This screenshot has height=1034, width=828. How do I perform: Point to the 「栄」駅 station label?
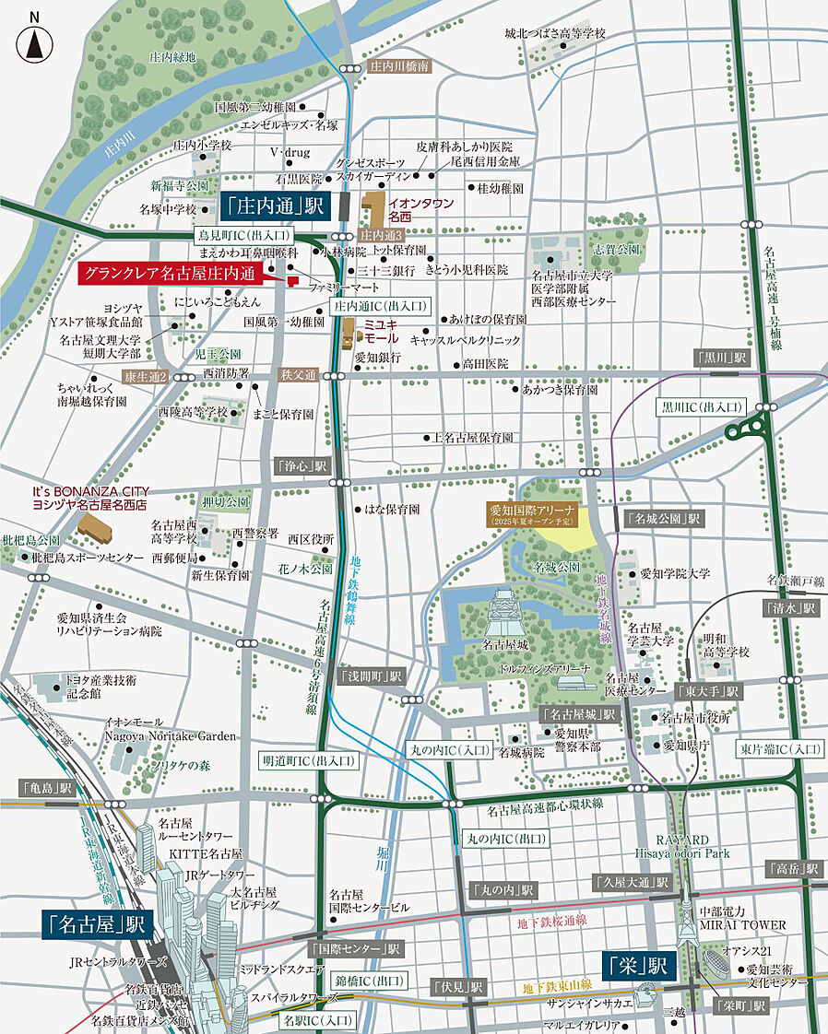coord(640,965)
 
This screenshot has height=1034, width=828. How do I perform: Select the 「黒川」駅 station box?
coord(720,357)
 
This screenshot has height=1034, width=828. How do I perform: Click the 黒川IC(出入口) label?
coord(702,406)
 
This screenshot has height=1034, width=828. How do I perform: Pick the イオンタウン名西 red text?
coord(413,209)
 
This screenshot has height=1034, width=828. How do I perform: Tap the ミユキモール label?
coord(381,332)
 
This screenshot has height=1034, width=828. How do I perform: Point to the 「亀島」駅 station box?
coord(47,788)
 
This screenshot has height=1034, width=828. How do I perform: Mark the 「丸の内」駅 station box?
coord(503,890)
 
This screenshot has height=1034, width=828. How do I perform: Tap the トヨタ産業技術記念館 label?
coord(100,686)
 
